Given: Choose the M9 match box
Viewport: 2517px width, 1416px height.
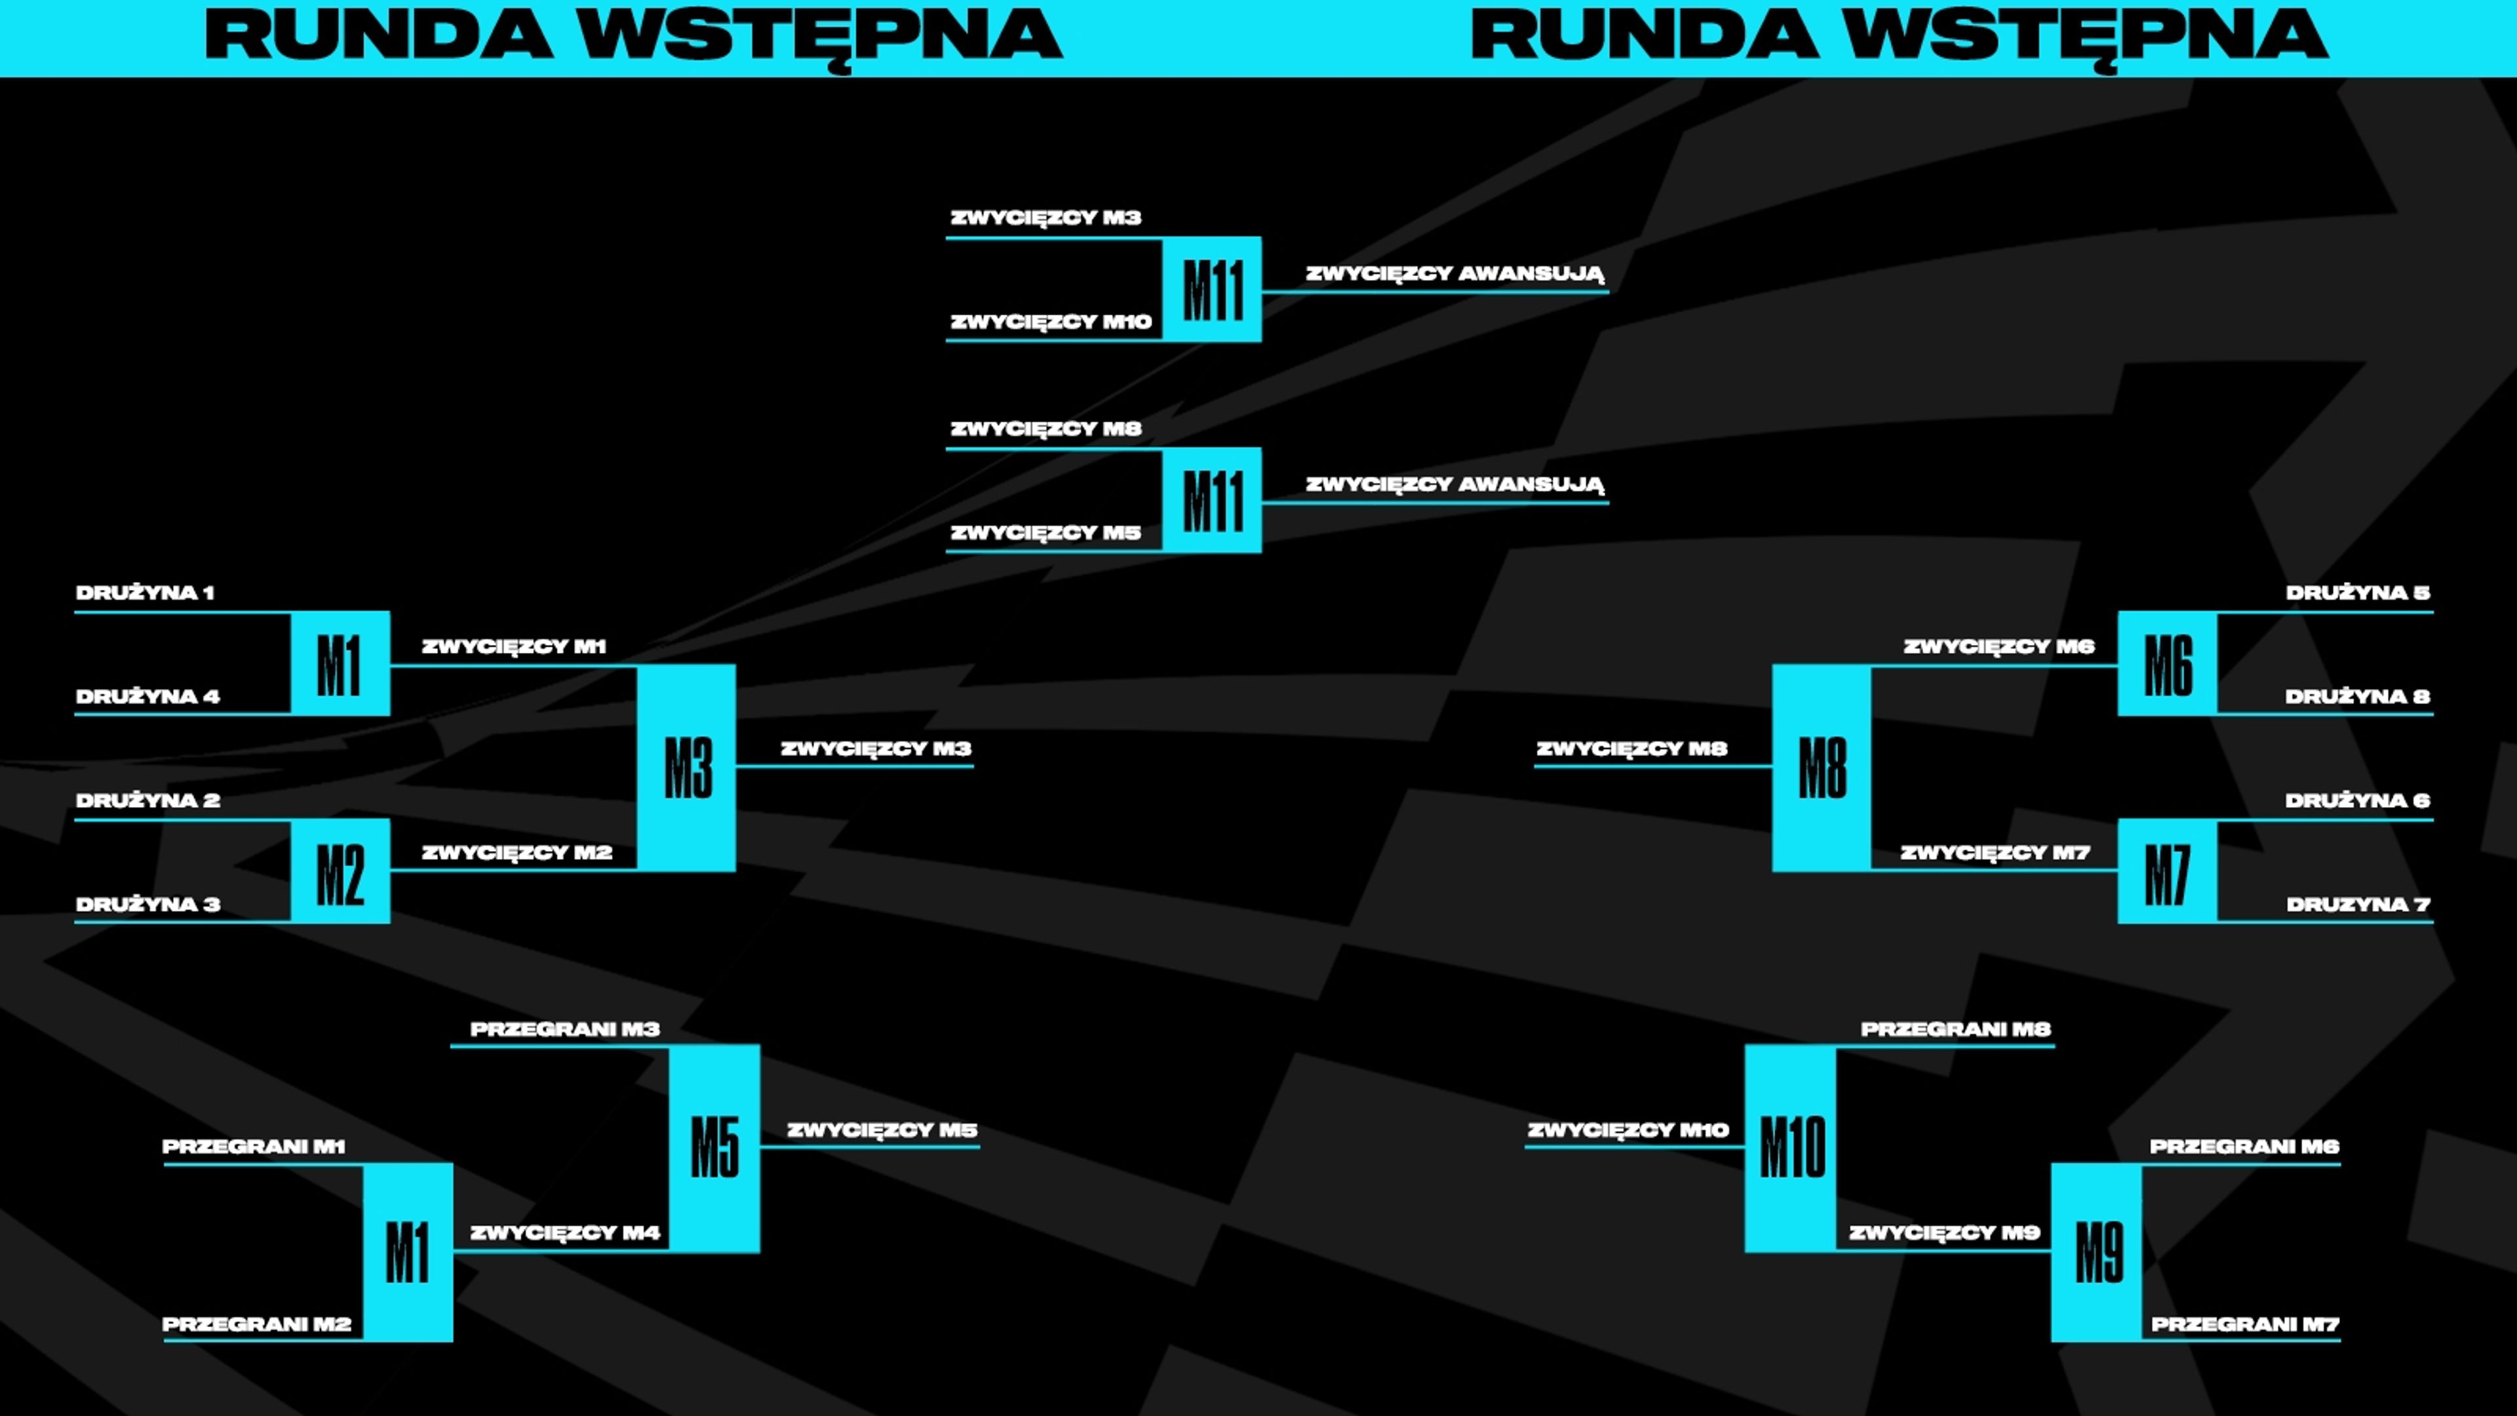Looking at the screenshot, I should [x=2097, y=1252].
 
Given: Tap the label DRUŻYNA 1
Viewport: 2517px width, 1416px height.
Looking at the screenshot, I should [x=145, y=592].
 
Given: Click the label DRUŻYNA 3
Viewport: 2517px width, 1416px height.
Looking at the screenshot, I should [x=147, y=904].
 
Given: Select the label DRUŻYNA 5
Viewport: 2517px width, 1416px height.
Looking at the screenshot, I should [x=2357, y=592].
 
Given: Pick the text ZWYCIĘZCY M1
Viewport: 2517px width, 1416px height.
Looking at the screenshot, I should [x=514, y=646].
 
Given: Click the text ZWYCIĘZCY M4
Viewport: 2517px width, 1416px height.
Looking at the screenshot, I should [x=565, y=1232].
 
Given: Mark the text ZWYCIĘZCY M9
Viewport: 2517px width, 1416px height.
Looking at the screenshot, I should [x=1944, y=1232].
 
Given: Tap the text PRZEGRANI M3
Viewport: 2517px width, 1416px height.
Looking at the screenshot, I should [x=565, y=1029].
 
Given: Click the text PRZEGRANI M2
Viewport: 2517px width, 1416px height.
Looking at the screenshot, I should [x=256, y=1324].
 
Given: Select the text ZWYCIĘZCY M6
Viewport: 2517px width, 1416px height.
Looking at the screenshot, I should [x=1998, y=646].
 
